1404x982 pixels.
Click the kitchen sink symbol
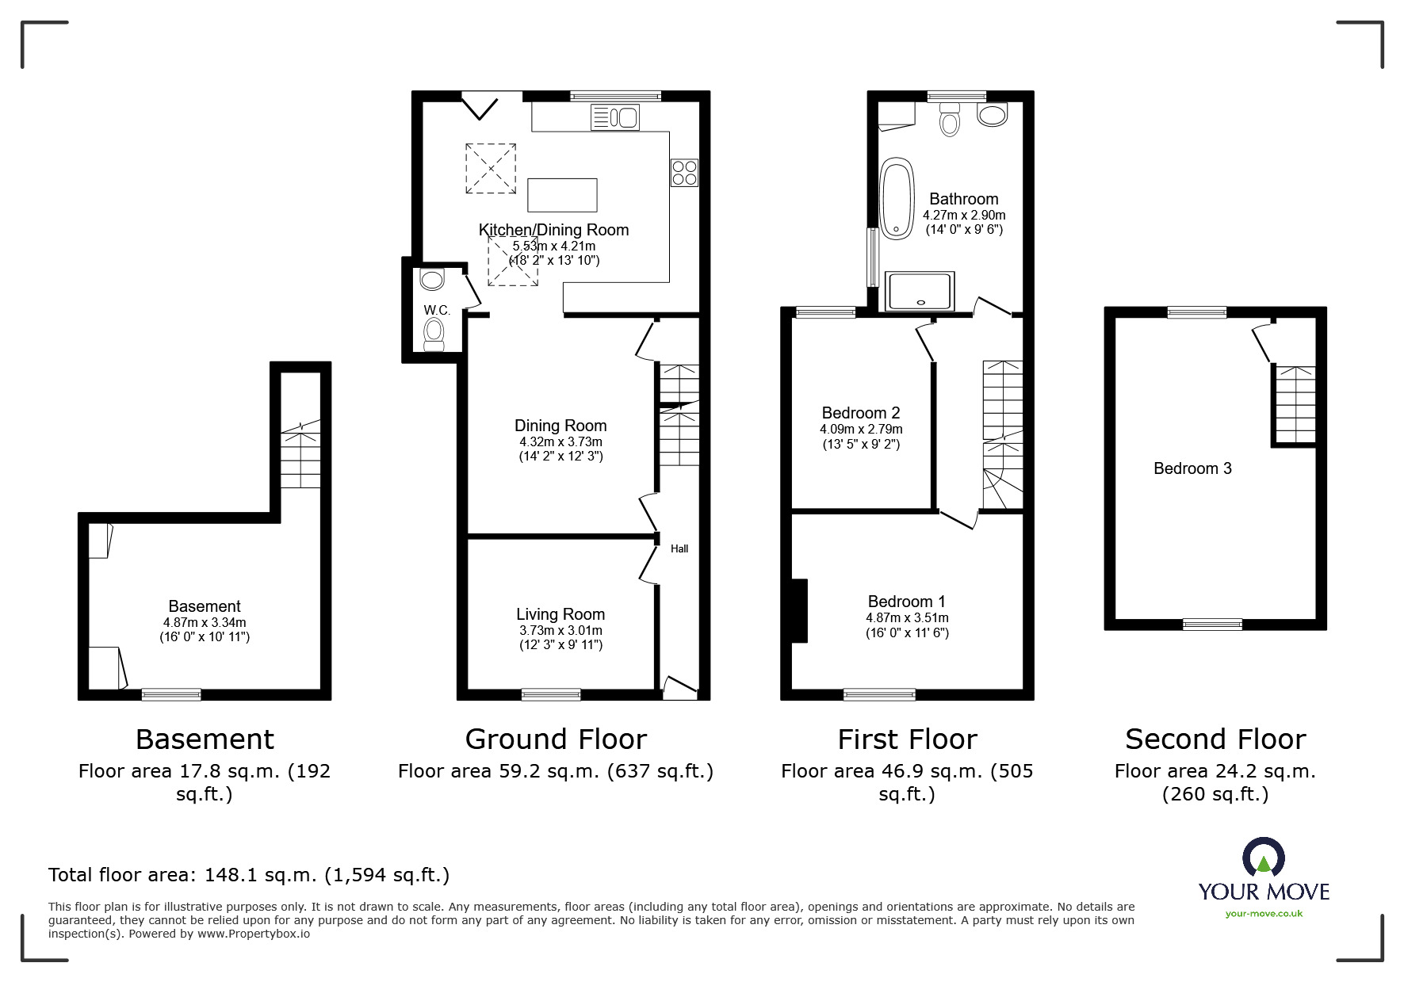pyautogui.click(x=615, y=118)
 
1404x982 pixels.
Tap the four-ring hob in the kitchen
pyautogui.click(x=685, y=173)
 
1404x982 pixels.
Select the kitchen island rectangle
pyautogui.click(x=562, y=195)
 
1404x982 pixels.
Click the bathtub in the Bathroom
pyautogui.click(x=897, y=199)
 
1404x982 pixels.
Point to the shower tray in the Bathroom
pyautogui.click(x=920, y=291)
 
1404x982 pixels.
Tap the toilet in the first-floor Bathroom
pyautogui.click(x=949, y=120)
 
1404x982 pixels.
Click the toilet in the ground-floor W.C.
pyautogui.click(x=434, y=333)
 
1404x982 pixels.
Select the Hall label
pyautogui.click(x=679, y=548)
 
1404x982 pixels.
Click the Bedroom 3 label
pyautogui.click(x=1192, y=468)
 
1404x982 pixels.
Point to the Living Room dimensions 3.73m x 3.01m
pyautogui.click(x=560, y=631)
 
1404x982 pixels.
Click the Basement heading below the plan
pyautogui.click(x=205, y=739)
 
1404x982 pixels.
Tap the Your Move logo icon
pyautogui.click(x=1263, y=858)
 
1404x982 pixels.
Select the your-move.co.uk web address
pyautogui.click(x=1264, y=914)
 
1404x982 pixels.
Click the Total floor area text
pyautogui.click(x=249, y=875)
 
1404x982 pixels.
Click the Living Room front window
pyautogui.click(x=551, y=694)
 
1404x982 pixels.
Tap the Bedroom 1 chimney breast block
pyautogui.click(x=799, y=610)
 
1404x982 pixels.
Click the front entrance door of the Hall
pyautogui.click(x=679, y=688)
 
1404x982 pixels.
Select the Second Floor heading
pyautogui.click(x=1215, y=739)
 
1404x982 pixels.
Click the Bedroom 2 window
pyautogui.click(x=825, y=312)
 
